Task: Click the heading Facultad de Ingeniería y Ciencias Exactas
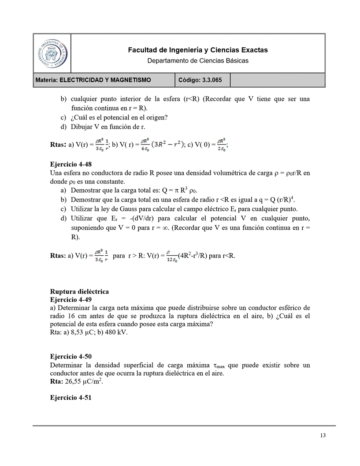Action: (x=197, y=50)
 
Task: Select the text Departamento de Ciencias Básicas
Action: (x=197, y=60)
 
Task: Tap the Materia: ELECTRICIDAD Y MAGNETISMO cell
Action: (x=93, y=80)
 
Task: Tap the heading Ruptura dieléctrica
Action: (x=79, y=291)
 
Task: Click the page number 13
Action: (x=323, y=436)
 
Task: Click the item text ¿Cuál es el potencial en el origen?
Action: (x=119, y=117)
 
